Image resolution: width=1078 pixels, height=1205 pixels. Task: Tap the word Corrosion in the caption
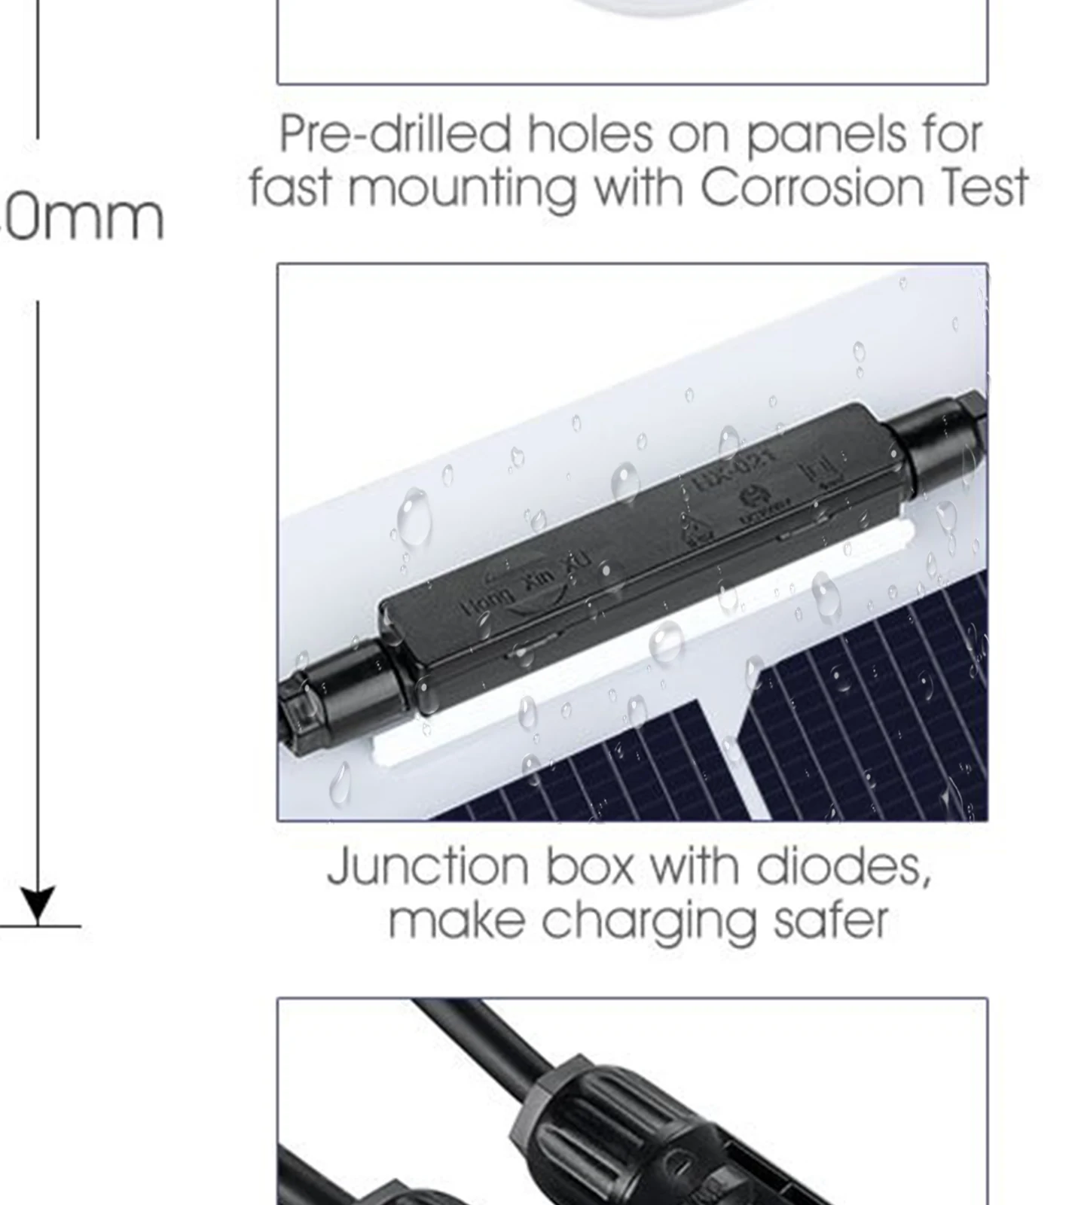click(812, 188)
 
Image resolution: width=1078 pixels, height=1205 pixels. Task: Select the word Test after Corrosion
click(985, 188)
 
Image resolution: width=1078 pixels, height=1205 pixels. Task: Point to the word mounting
click(462, 189)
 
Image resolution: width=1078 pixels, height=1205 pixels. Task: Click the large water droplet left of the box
click(414, 517)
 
